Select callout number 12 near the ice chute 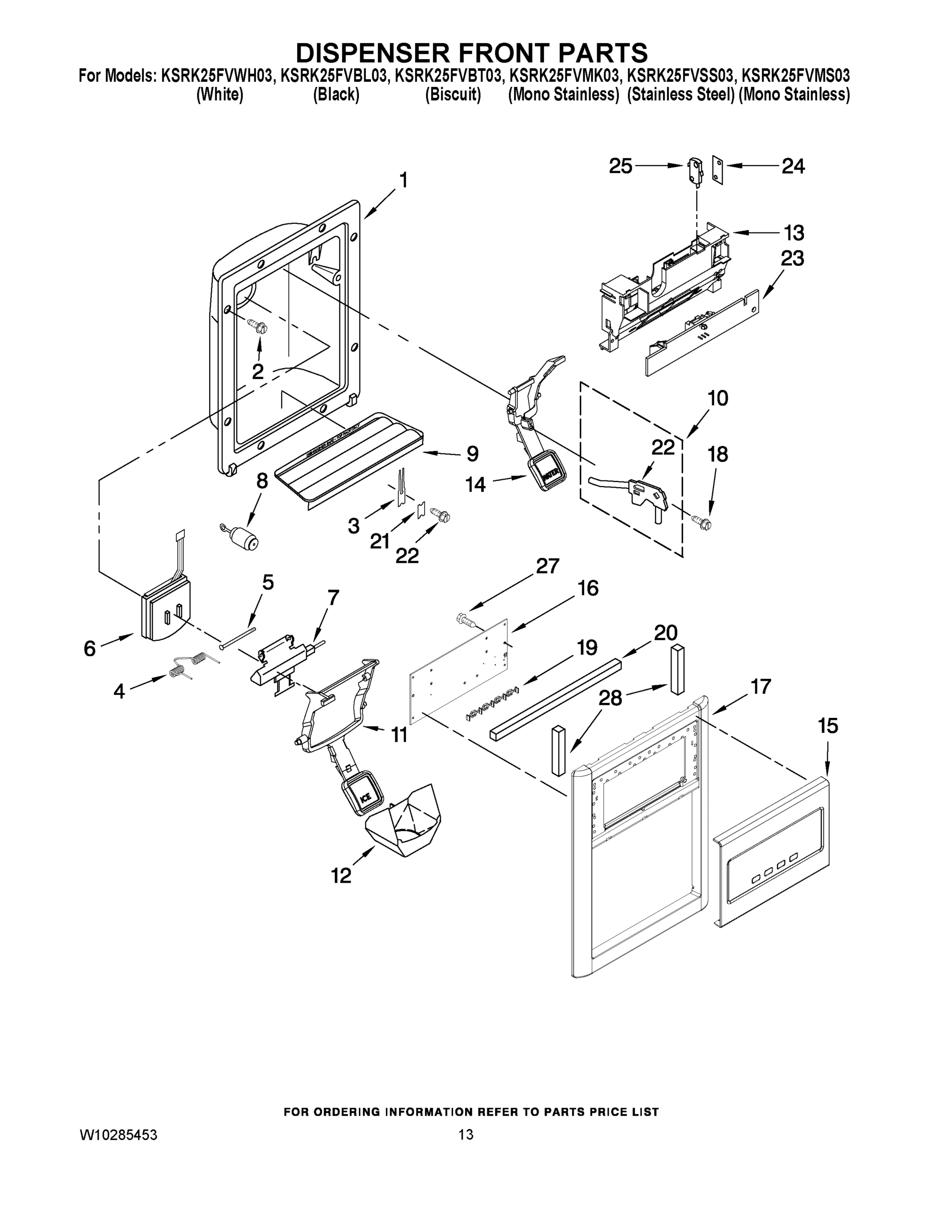(341, 876)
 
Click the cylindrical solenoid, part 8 (243, 536)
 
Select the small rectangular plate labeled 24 (717, 169)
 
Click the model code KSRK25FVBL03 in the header (333, 76)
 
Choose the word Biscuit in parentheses (453, 95)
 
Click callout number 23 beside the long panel (792, 258)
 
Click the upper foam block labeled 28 (677, 669)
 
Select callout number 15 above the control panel (827, 726)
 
